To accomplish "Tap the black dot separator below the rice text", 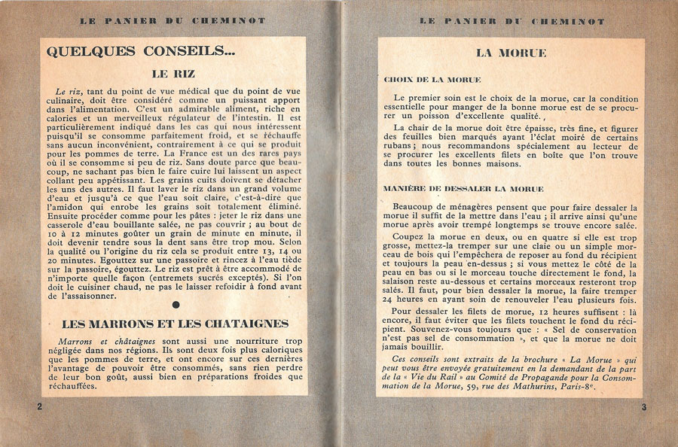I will (x=176, y=305).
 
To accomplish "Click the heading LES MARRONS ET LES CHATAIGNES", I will (x=164, y=324).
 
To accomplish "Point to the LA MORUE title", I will (x=510, y=53).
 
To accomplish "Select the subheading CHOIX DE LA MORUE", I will (x=432, y=79).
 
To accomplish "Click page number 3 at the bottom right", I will (x=644, y=407).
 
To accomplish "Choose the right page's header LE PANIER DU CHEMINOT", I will (x=511, y=22).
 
